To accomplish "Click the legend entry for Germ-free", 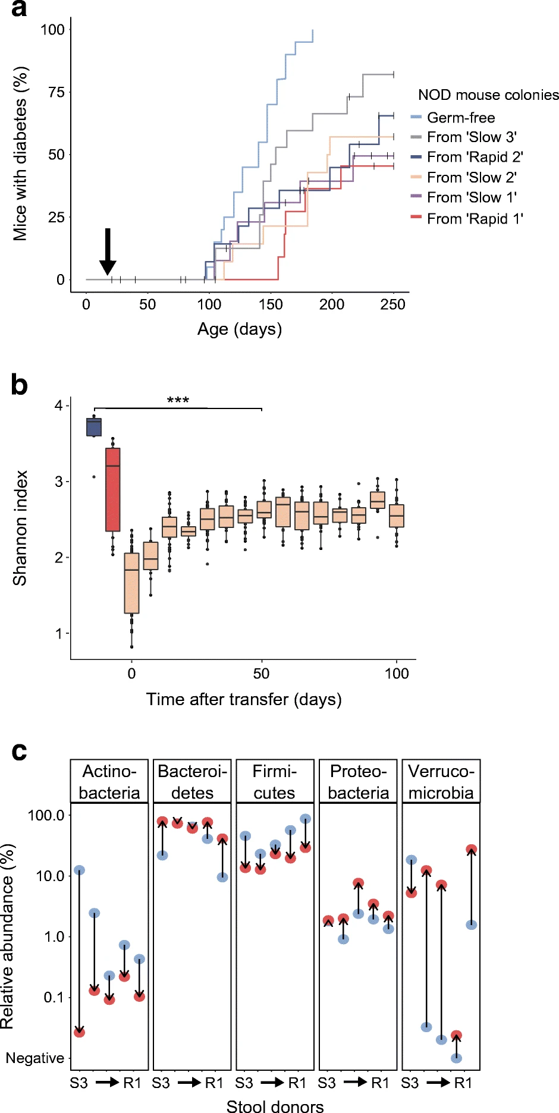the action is (453, 118).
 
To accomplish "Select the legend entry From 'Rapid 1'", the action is (467, 219).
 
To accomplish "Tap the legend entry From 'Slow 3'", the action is (464, 137).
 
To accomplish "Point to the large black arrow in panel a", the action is (108, 251).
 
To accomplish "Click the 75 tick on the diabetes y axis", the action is (56, 92).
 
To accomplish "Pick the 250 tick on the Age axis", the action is (393, 304).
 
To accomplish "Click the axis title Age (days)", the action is (240, 329).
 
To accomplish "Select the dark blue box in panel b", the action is (94, 427).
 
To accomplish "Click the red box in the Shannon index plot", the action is (113, 489).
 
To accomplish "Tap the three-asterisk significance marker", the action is (178, 401).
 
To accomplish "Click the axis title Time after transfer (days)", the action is (244, 699).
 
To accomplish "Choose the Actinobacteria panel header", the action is (109, 782).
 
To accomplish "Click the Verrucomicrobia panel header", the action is (441, 782).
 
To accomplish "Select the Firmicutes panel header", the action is (275, 782).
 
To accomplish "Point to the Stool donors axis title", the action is (275, 1105).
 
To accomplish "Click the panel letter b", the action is (19, 385).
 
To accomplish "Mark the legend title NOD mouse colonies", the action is (488, 95).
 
